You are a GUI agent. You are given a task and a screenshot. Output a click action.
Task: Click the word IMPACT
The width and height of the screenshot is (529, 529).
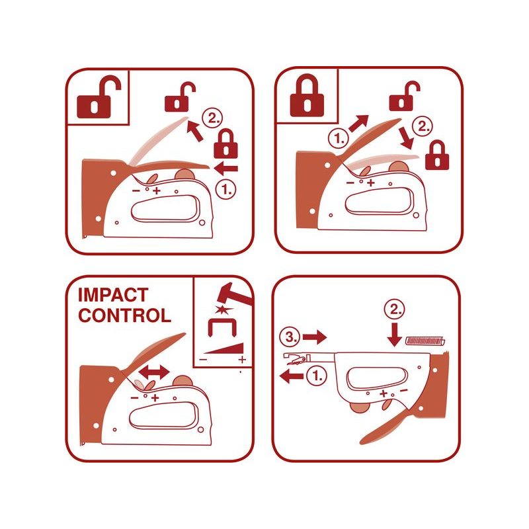pos(113,295)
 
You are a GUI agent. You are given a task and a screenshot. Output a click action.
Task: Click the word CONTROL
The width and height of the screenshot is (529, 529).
pos(124,315)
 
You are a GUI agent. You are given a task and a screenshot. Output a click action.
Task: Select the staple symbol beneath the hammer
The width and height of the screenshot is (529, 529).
pos(222,327)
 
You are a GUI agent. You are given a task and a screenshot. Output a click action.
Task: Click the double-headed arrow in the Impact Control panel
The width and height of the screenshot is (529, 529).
pos(154,372)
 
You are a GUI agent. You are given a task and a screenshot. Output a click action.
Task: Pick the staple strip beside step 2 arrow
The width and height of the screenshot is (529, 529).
pos(425,341)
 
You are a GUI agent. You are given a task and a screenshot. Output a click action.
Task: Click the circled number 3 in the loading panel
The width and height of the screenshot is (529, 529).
pos(290,337)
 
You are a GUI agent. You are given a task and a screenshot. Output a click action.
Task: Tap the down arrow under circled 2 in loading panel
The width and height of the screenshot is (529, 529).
pos(394,335)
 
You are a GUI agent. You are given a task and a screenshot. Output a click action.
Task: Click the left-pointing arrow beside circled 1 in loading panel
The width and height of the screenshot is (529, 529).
pos(292,376)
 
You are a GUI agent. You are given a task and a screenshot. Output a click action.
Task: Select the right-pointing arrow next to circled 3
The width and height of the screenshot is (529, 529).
pos(315,337)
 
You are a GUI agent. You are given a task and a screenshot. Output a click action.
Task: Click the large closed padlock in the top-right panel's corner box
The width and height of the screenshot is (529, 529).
pos(307,95)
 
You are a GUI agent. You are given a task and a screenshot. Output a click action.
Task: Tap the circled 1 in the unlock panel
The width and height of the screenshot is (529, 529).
pos(225,189)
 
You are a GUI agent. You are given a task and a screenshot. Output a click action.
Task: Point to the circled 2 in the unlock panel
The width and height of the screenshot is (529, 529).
pos(212,118)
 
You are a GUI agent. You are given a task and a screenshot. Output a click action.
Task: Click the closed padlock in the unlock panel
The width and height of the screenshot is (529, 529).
pos(225,144)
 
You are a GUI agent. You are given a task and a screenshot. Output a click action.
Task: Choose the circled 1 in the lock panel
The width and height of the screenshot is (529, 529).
pos(338,138)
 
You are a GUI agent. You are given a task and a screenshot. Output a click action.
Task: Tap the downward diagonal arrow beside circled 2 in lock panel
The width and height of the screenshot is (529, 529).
pos(406,138)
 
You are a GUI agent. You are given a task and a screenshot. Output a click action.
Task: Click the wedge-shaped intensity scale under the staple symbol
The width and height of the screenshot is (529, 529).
pos(224,348)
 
